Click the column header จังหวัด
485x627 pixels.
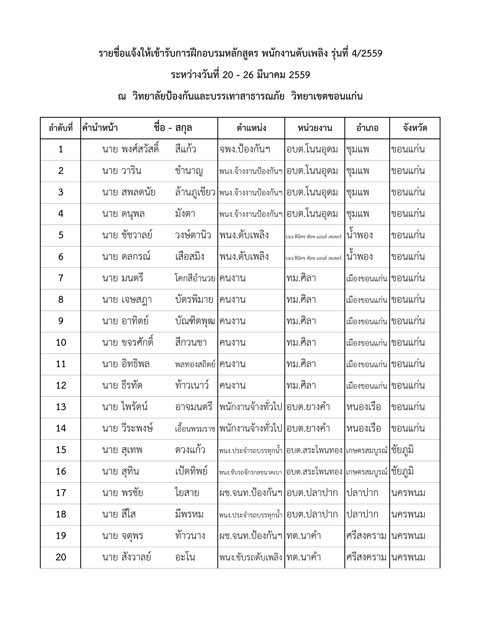point(415,128)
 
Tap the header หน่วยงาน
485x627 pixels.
point(315,128)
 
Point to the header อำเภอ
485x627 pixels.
point(367,128)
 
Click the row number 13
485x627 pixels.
point(61,407)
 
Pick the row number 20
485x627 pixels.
point(61,557)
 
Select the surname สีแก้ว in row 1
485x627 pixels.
point(186,149)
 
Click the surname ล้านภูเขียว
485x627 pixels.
point(195,192)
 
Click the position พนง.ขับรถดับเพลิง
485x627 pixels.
point(251,557)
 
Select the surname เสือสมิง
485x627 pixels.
point(190,257)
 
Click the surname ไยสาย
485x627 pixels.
point(187,493)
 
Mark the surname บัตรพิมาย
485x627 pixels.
point(194,300)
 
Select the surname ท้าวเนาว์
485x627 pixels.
point(192,385)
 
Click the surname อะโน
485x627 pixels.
point(185,557)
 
